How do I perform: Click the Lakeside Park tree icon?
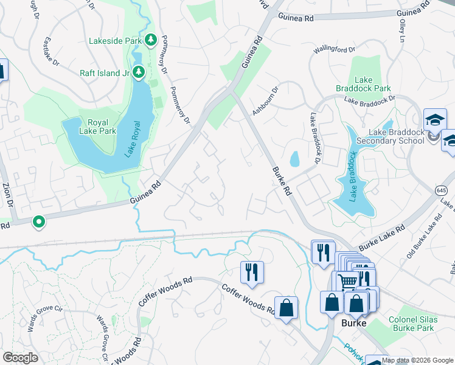[151, 40]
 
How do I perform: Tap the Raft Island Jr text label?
[105, 73]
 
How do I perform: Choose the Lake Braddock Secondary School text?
[395, 137]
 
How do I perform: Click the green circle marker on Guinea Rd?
[39, 222]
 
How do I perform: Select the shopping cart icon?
[347, 281]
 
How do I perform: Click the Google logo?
[21, 357]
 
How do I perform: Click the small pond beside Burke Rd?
[295, 159]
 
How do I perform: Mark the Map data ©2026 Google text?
[417, 360]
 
